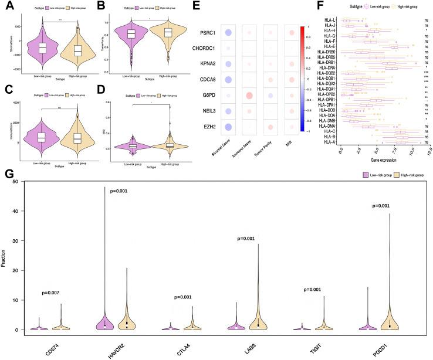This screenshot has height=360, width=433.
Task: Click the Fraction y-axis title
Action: [5, 256]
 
